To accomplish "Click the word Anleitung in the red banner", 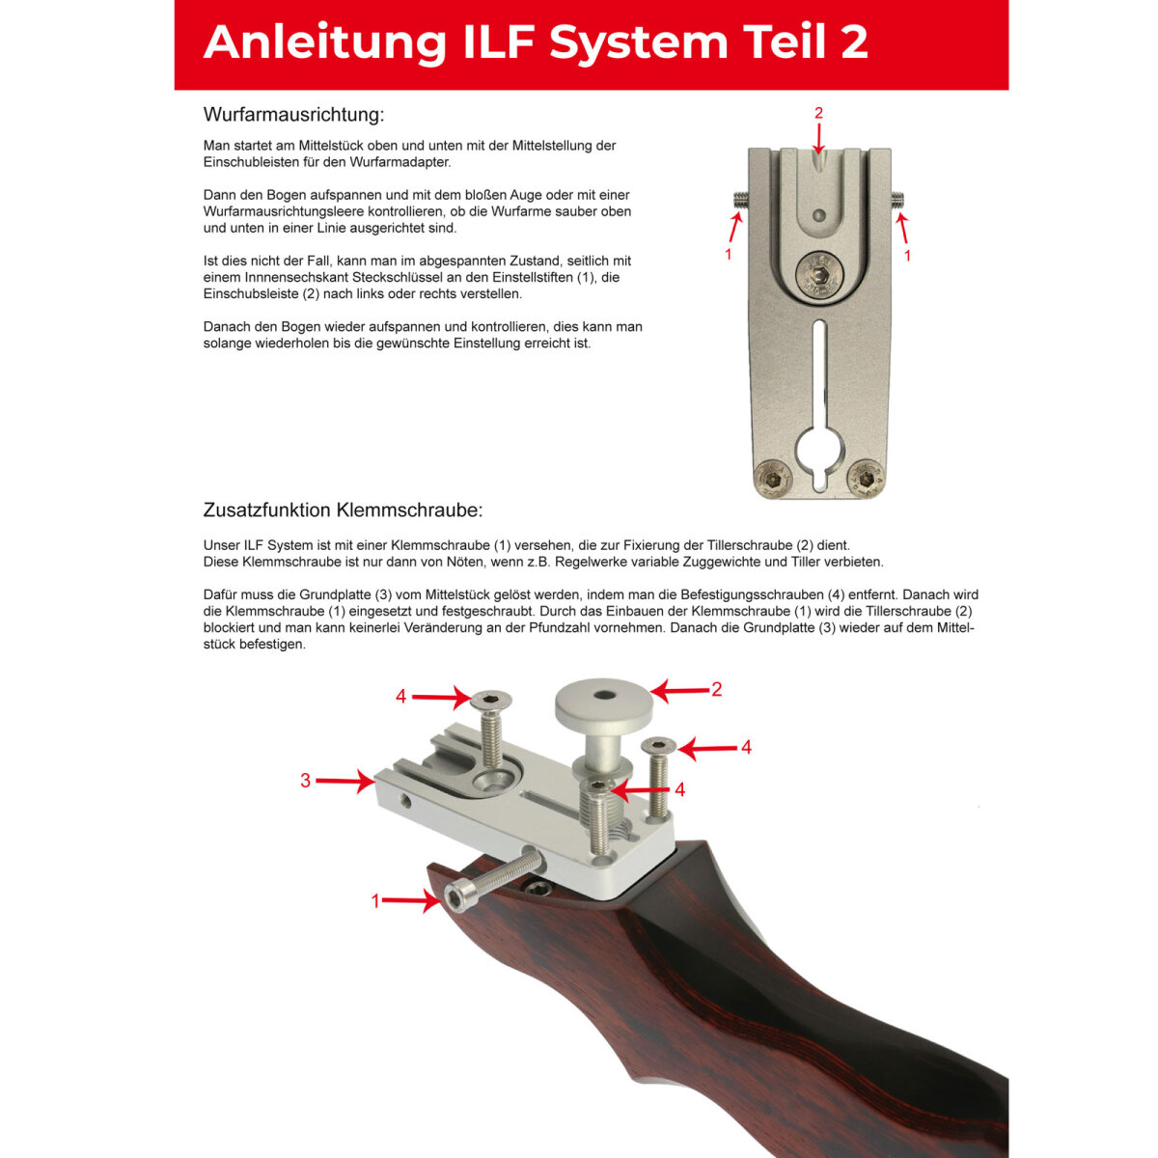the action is pyautogui.click(x=325, y=43).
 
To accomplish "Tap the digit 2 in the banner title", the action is pyautogui.click(x=854, y=42).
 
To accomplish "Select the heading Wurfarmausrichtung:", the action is pyautogui.click(x=293, y=114).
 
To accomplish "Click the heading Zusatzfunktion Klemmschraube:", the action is pyautogui.click(x=343, y=510).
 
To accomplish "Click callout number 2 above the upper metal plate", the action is pyautogui.click(x=818, y=113).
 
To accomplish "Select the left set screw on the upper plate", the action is pyautogui.click(x=740, y=197).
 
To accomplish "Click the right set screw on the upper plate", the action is pyautogui.click(x=897, y=197).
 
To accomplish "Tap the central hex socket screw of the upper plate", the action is pyautogui.click(x=819, y=276).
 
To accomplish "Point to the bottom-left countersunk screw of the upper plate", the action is pyautogui.click(x=774, y=480).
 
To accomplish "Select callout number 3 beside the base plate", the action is pyautogui.click(x=305, y=781).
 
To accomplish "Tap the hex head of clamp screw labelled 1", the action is pyautogui.click(x=454, y=898).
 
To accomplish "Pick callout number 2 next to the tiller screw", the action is pyautogui.click(x=716, y=689).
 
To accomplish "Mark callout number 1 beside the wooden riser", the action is pyautogui.click(x=375, y=901).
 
